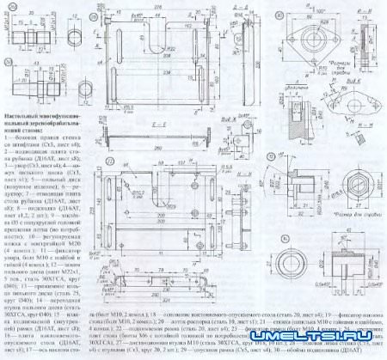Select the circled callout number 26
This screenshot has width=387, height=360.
(101, 9)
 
